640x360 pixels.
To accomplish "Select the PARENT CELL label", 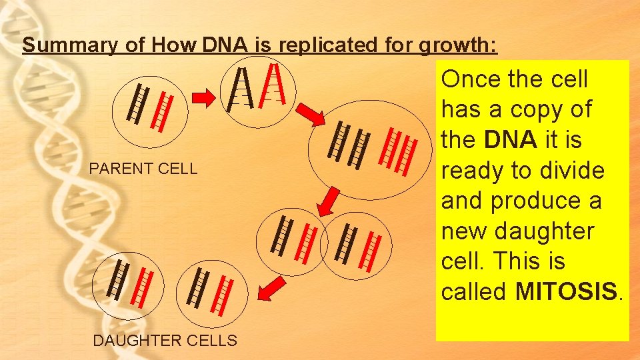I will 143,168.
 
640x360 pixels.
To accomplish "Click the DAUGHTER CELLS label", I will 165,341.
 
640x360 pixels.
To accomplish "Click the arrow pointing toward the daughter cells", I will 270,289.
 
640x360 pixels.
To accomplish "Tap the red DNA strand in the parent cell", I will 163,110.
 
